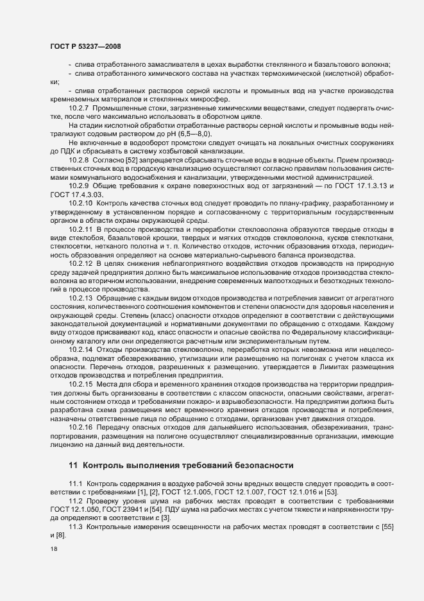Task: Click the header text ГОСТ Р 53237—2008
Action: pos(85,46)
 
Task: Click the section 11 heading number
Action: pos(72,465)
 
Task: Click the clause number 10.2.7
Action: pos(79,109)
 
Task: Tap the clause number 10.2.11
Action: pos(81,229)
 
